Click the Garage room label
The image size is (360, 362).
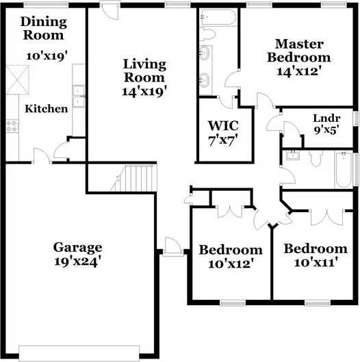77,248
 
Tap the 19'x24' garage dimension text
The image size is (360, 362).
78,261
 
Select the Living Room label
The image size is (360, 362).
144,70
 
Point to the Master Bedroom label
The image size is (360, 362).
299,51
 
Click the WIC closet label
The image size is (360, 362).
223,126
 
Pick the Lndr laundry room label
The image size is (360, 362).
326,118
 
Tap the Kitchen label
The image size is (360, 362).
47,109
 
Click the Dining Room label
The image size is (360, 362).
44,28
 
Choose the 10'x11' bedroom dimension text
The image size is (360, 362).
316,262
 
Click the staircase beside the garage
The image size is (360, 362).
134,178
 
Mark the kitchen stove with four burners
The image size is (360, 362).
12,126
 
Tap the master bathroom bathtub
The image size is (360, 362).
218,16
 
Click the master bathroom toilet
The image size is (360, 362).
207,35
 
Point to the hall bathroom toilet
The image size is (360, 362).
316,157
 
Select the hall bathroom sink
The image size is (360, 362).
293,155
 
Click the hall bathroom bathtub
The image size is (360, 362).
344,170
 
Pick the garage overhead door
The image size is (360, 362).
79,353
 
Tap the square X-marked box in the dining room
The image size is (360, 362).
17,80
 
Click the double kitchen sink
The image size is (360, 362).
79,96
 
